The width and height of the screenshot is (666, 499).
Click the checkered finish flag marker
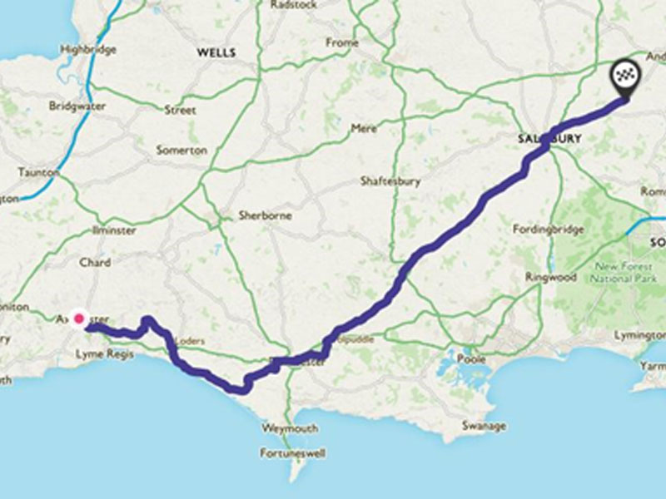tap(624, 77)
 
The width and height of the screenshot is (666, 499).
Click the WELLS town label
tap(216, 52)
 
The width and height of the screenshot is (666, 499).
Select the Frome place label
tap(342, 42)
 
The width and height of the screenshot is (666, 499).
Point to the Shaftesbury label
tap(390, 180)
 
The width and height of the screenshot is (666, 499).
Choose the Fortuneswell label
tap(293, 454)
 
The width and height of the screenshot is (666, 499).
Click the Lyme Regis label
tap(100, 354)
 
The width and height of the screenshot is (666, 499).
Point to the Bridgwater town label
tap(73, 106)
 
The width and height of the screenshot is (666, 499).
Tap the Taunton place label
tap(38, 172)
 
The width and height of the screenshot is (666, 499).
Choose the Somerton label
tap(181, 151)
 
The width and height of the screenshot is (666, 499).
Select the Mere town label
tap(365, 129)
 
